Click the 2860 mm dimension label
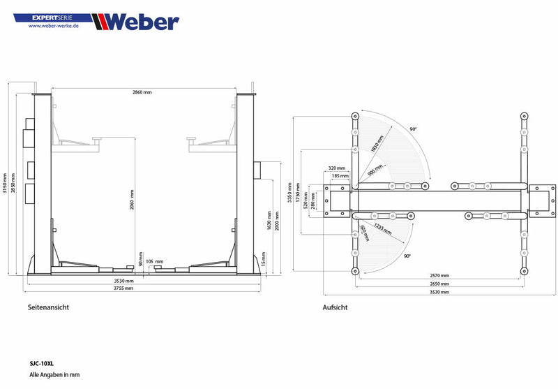coord(142,92)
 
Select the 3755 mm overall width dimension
coord(142,288)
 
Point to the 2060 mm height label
coord(131,200)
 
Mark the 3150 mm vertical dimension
coord(5,183)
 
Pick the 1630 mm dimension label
coord(269,220)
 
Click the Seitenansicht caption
coord(48,307)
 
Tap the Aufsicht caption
coord(335,307)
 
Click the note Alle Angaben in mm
coord(54,375)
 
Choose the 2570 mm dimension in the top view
coord(439,276)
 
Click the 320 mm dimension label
coord(337,168)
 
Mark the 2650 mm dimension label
coord(439,284)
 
